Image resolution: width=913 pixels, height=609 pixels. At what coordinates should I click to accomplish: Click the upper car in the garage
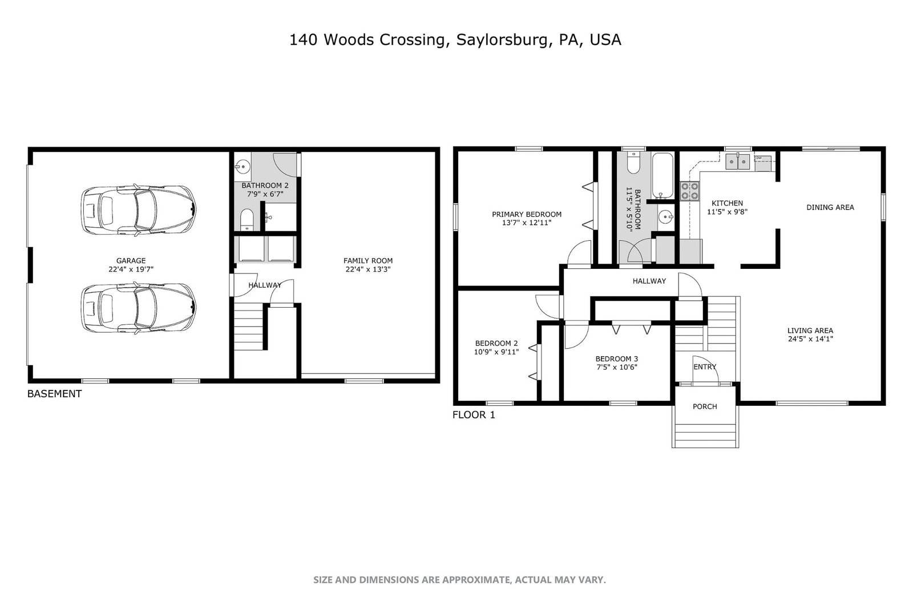(x=138, y=211)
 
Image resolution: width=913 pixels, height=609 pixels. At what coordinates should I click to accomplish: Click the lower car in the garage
(x=138, y=308)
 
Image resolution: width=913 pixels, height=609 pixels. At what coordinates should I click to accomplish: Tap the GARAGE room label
(x=131, y=260)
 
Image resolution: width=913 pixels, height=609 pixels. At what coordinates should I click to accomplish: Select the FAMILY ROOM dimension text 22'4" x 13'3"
(x=368, y=269)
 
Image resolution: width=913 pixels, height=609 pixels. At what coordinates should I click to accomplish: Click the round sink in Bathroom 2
(x=243, y=167)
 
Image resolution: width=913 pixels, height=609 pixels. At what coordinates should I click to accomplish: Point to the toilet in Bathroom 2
(x=247, y=220)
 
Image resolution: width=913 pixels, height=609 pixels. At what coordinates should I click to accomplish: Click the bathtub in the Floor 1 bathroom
(x=662, y=175)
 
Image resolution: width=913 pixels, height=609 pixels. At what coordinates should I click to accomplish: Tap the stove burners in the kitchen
(x=690, y=191)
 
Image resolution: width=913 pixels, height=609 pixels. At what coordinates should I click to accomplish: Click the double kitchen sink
(x=738, y=162)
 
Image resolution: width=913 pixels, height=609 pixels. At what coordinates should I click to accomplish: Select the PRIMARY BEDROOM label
(x=527, y=214)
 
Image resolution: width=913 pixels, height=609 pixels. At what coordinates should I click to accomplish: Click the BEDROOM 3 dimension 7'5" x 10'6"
(x=617, y=367)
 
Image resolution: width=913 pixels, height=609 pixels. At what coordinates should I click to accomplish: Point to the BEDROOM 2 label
(x=496, y=343)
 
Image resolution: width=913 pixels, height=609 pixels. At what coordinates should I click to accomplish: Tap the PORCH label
(x=705, y=406)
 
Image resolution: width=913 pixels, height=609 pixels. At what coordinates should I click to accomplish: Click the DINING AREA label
(x=830, y=207)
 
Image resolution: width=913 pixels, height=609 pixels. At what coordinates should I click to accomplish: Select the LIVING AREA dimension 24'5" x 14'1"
(x=810, y=338)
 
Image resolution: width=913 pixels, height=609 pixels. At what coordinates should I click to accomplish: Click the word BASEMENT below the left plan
(x=55, y=394)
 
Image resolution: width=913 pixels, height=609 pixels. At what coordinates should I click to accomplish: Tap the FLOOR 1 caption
(x=474, y=415)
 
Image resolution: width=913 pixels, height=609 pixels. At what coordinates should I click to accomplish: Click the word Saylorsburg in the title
(x=502, y=39)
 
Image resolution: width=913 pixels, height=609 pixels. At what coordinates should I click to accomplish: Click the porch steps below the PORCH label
(x=705, y=435)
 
